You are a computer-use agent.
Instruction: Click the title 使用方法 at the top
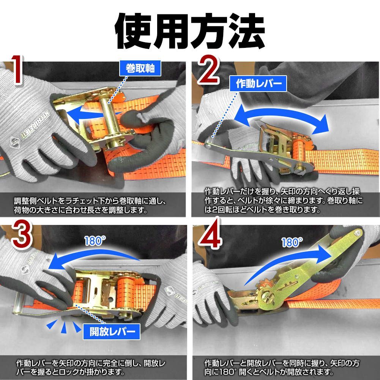190,30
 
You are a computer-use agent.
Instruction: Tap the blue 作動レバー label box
257,84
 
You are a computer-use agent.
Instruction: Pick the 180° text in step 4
292,242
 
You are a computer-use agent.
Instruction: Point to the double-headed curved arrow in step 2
281,119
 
